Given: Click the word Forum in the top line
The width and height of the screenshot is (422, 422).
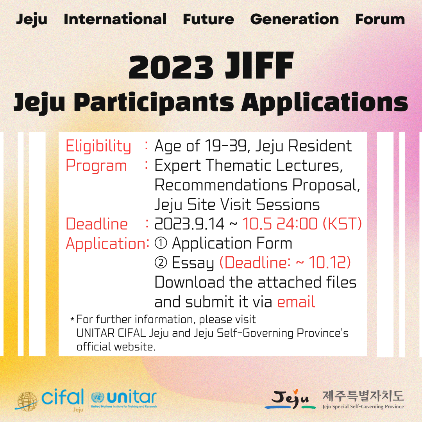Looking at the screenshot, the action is [x=380, y=20].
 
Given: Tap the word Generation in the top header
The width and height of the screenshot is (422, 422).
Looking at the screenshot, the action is [x=295, y=19].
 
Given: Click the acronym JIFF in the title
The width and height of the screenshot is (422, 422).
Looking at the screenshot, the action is [x=259, y=65].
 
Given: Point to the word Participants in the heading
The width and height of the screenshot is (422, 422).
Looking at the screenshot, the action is [x=154, y=102].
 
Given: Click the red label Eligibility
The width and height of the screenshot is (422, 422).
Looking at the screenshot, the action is [x=98, y=147].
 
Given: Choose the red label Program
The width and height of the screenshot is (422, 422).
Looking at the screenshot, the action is [x=97, y=166].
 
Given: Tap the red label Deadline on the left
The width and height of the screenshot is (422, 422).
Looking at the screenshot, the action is [x=97, y=224].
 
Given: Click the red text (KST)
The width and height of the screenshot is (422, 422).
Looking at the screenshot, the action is [x=342, y=224].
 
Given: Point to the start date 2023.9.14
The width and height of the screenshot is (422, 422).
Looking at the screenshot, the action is [x=189, y=224].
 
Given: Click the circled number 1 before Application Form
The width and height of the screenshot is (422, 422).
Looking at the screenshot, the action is [x=161, y=243].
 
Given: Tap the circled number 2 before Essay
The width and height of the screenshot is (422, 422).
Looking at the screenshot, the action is [x=161, y=263].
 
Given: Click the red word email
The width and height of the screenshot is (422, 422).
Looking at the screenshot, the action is [x=296, y=302].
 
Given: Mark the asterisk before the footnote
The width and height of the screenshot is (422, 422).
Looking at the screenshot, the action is [x=72, y=320].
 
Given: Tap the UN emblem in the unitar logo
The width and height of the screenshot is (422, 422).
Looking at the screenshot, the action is [x=98, y=397].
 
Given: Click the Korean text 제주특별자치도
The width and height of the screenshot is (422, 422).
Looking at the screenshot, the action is [x=363, y=396].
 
